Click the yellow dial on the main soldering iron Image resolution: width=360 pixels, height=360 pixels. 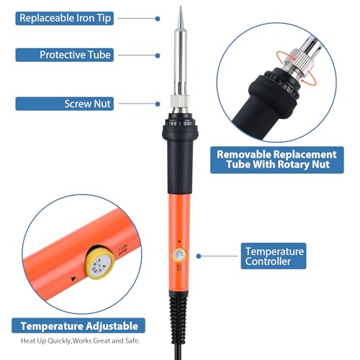177,255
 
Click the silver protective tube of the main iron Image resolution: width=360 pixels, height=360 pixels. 179,65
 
